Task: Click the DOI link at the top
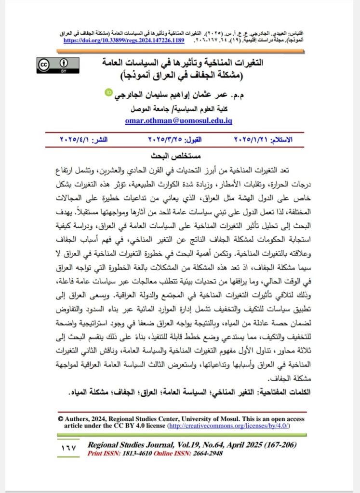pyautogui.click(x=124, y=40)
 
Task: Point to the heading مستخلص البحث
pyautogui.click(x=180, y=156)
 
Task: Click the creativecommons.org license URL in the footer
pyautogui.click(x=228, y=426)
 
